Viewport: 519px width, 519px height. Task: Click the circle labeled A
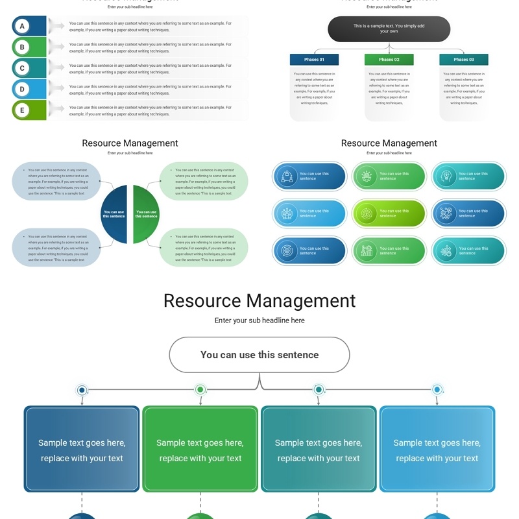(x=22, y=26)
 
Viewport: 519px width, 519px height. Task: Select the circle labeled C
(x=22, y=68)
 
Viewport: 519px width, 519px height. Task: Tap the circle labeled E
(x=22, y=110)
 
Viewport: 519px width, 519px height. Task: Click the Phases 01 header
(x=314, y=60)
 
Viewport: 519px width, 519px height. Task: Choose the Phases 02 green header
(x=389, y=60)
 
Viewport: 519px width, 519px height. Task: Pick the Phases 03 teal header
(x=463, y=60)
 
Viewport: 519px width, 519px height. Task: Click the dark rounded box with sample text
(x=389, y=29)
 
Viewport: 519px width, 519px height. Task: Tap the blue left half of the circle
(x=115, y=214)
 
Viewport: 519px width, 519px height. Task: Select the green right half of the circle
(x=145, y=214)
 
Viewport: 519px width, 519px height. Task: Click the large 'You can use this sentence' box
(x=259, y=355)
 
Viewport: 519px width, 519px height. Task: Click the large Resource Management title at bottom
(x=259, y=301)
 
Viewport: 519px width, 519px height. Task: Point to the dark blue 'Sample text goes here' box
(x=82, y=450)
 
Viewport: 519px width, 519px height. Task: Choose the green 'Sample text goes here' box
(x=200, y=450)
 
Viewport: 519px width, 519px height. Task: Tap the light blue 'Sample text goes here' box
(x=437, y=450)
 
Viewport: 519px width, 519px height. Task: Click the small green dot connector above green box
(x=200, y=390)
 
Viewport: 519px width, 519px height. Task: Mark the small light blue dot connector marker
(x=437, y=390)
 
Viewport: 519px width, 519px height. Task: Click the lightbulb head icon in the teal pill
(x=446, y=176)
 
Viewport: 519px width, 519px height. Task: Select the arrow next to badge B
(x=57, y=47)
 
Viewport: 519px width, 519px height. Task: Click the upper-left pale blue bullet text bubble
(x=56, y=182)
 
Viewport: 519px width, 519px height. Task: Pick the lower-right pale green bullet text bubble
(x=204, y=248)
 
